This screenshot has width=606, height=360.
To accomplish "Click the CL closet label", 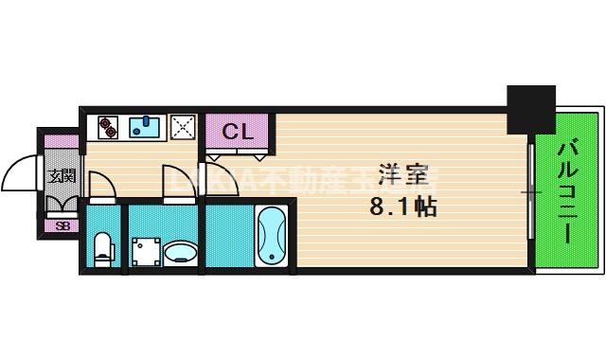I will [x=238, y=132].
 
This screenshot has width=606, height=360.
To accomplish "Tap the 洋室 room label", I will [x=401, y=175].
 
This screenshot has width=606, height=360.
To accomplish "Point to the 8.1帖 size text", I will [x=401, y=206].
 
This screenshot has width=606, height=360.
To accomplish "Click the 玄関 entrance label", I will [x=62, y=177].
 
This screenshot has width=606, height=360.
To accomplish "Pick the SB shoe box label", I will [x=62, y=225].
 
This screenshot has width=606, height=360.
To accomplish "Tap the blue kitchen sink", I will [x=145, y=125].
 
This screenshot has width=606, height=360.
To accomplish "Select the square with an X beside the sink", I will [x=182, y=126].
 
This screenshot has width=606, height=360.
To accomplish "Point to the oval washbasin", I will [x=179, y=253].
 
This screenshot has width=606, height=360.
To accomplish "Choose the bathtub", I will [x=271, y=236].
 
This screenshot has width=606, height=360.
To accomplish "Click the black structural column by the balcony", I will [x=530, y=109].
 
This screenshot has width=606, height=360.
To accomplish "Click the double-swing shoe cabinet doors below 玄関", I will [x=62, y=202].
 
